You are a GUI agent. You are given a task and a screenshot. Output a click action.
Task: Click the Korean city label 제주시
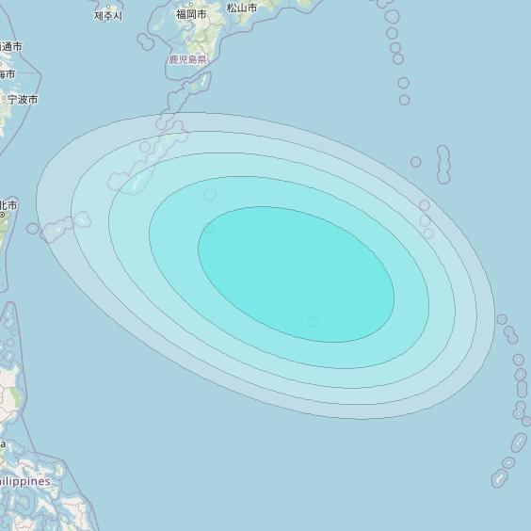coord(108,16)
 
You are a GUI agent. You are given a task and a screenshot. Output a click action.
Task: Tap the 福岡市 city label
coord(191,15)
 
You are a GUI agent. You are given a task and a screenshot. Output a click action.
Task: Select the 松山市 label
coord(242,8)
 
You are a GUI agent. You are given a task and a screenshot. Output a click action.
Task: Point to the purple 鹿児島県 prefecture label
coord(187,59)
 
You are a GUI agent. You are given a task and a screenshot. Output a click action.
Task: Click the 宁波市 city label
coord(23,99)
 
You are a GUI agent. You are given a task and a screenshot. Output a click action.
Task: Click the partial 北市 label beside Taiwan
coord(8,204)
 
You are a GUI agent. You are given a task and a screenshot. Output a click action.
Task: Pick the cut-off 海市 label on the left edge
coord(8,74)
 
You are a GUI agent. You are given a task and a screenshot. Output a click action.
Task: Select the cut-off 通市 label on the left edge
coord(11,46)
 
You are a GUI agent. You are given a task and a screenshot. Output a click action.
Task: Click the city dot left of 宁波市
coord(5,99)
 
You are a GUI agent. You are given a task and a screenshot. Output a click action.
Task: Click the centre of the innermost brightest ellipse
coord(296,274)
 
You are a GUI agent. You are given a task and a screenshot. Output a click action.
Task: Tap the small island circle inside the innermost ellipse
coord(313,322)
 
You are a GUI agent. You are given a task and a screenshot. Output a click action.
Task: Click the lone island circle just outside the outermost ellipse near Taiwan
coord(33,229)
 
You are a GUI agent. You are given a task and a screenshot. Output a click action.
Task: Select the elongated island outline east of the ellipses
coord(443,164)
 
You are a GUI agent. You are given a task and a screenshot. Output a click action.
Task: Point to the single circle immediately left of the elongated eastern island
coord(416,162)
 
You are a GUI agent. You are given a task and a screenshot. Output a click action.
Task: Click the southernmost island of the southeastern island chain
coord(499,478)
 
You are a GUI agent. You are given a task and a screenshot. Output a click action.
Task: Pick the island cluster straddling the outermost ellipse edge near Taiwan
coord(66,224)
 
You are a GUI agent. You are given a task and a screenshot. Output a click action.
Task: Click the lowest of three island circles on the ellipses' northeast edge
coord(428,233)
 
